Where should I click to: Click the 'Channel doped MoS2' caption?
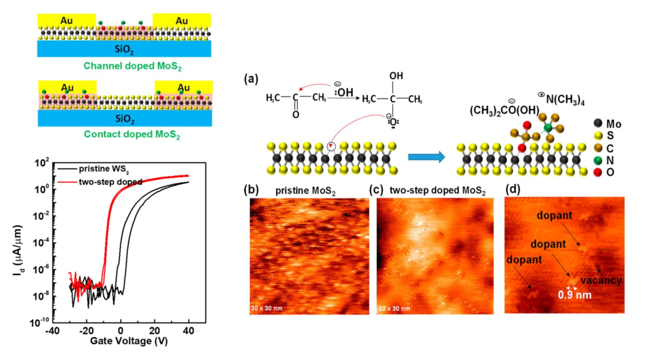(x=132, y=66)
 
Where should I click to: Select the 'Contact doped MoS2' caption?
(x=132, y=134)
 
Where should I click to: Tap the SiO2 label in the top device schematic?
(x=124, y=50)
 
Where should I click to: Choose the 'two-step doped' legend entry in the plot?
(x=110, y=182)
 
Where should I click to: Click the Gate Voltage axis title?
(x=129, y=341)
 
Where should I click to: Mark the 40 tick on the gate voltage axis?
(x=188, y=331)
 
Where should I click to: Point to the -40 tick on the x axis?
(x=52, y=331)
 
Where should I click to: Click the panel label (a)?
(x=251, y=79)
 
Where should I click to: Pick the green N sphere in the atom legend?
(x=598, y=160)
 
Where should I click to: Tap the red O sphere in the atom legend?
(x=598, y=172)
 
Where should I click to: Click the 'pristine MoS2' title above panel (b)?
(x=305, y=191)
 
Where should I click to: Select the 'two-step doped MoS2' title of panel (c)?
(x=437, y=191)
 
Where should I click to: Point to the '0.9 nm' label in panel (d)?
(x=574, y=295)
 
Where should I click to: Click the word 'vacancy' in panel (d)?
(x=601, y=280)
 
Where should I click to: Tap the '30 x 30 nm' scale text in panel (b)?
(x=266, y=308)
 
